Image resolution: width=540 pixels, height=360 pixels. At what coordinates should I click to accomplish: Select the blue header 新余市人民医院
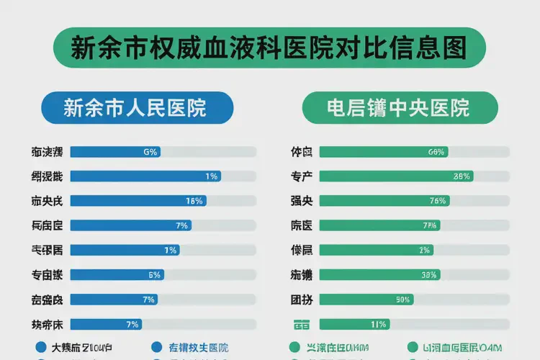tap(137, 108)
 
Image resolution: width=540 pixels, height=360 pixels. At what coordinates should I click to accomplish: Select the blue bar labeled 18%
tap(138, 201)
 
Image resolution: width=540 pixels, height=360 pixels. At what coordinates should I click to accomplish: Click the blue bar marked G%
tap(115, 152)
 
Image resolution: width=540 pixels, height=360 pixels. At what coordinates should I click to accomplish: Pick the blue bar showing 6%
tap(117, 274)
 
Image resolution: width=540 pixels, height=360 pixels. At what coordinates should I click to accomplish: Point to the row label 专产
tap(301, 176)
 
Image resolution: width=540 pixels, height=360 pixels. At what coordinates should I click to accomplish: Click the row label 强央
tap(301, 201)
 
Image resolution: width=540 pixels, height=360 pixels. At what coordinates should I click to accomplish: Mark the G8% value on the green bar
tap(436, 152)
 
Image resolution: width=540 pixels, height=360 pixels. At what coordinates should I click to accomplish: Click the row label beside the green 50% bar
tap(301, 299)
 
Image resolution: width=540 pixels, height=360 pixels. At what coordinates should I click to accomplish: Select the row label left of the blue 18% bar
tap(47, 201)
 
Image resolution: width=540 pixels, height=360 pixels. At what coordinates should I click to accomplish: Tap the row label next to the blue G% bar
tap(47, 152)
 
